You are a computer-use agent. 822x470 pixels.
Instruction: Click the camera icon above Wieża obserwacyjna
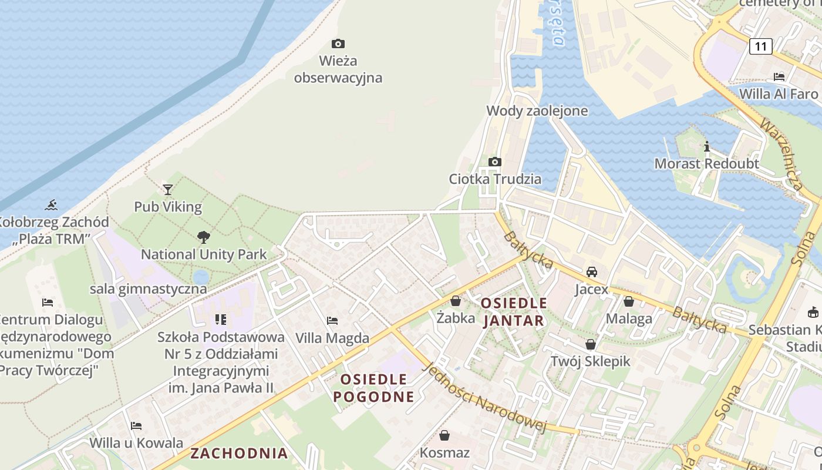338,43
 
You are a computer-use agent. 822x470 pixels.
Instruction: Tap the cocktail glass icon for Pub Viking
168,189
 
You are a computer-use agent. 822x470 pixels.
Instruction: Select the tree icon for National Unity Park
204,237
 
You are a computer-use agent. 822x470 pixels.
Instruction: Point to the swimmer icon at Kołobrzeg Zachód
52,205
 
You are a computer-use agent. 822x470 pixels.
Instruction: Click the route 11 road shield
761,46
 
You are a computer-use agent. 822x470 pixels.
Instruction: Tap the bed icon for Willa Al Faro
779,77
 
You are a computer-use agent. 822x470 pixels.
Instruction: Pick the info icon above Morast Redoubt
707,146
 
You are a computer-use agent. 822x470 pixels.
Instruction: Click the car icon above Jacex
592,272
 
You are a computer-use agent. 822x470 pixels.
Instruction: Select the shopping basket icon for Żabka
456,301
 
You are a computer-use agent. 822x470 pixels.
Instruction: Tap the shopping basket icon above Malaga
629,301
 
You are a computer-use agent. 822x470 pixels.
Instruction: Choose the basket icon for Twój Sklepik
591,344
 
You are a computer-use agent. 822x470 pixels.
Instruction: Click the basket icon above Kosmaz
444,435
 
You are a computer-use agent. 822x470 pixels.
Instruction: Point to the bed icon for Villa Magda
332,321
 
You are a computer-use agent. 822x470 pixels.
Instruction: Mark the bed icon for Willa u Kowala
136,425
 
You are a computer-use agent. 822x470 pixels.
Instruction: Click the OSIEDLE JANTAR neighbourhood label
514,312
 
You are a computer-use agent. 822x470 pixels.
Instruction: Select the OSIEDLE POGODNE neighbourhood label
374,388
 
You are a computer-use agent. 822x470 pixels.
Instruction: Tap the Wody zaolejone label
537,111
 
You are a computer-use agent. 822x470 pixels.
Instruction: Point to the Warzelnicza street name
781,154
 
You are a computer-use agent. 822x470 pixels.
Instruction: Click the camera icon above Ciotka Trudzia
495,162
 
